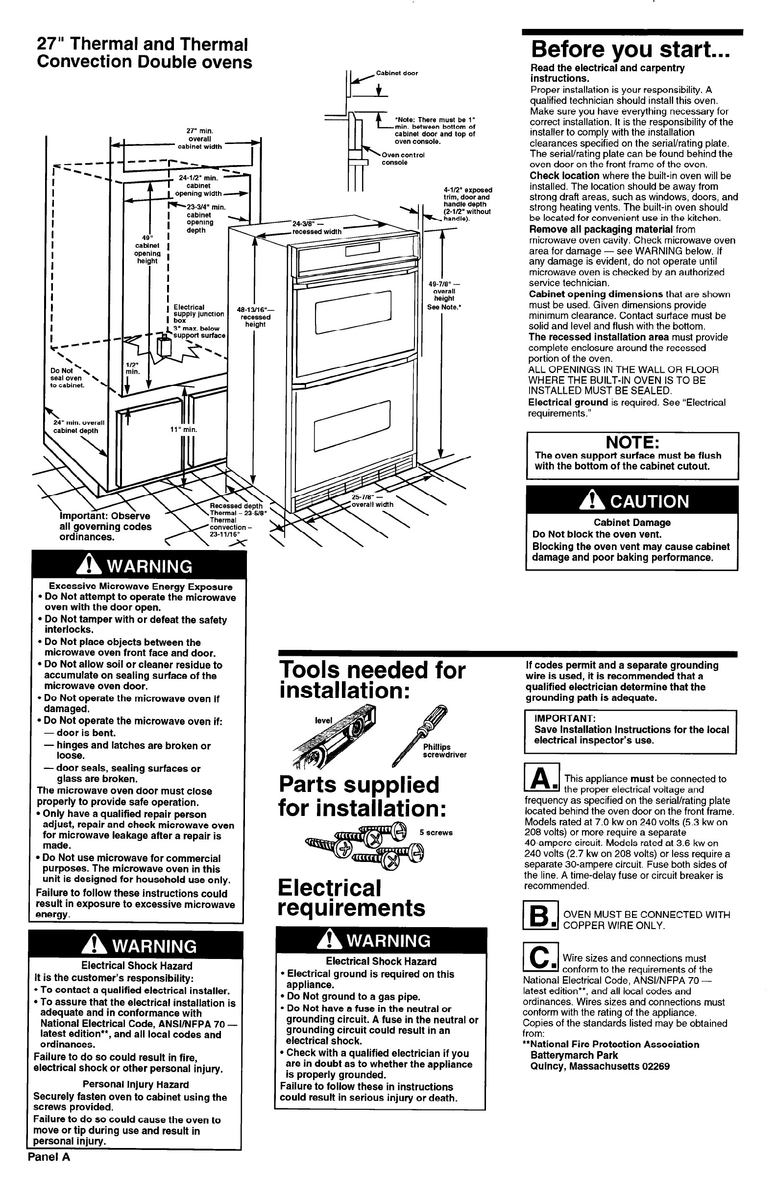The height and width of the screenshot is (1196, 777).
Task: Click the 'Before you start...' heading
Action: click(630, 50)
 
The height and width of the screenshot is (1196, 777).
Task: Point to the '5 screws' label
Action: click(436, 833)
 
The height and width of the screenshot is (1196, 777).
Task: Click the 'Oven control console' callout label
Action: click(403, 159)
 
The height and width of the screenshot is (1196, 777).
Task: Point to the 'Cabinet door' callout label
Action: click(396, 73)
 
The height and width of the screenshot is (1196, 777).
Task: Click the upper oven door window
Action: click(352, 308)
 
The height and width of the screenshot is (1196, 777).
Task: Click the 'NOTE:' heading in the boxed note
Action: click(632, 442)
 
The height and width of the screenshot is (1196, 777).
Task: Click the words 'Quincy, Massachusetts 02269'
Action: click(600, 1066)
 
